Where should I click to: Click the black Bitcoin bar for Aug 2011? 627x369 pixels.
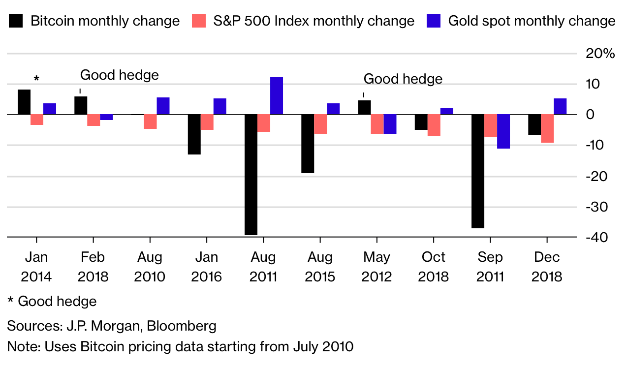click(x=251, y=175)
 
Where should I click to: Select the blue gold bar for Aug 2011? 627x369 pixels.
click(x=277, y=95)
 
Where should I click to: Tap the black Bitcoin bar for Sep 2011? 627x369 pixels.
click(x=478, y=171)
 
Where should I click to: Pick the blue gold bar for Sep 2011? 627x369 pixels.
click(x=503, y=131)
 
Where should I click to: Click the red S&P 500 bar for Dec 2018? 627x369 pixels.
click(x=547, y=128)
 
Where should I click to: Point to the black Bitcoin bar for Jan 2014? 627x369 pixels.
click(x=24, y=102)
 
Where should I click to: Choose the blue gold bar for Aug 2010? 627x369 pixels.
click(x=163, y=106)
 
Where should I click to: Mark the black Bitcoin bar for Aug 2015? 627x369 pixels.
click(x=308, y=144)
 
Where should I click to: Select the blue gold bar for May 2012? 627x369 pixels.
click(x=390, y=124)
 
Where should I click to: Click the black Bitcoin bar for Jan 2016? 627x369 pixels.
click(x=194, y=134)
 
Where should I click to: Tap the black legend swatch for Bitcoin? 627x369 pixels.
click(x=16, y=21)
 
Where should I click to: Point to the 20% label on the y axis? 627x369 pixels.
click(x=600, y=54)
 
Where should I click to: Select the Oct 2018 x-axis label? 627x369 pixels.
click(x=433, y=266)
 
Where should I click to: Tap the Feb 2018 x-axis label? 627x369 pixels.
click(x=93, y=266)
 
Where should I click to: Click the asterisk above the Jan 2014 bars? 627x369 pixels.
click(x=36, y=79)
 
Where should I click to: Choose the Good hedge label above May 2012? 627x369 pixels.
click(x=403, y=79)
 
